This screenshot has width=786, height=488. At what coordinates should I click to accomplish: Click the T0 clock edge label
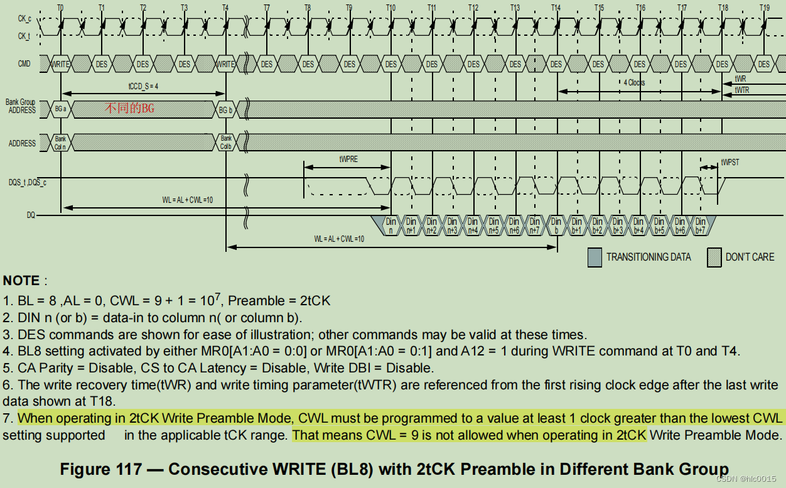pos(60,8)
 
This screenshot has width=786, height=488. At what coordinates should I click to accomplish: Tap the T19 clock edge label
pos(764,8)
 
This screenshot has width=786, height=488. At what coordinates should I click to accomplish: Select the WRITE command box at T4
pos(225,64)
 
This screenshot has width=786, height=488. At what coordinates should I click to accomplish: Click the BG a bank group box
pos(60,109)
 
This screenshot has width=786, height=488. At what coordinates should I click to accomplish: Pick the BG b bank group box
pos(225,109)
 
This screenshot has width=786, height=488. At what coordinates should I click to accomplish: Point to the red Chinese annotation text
pos(129,109)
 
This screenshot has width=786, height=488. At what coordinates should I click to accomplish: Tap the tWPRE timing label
pos(348,160)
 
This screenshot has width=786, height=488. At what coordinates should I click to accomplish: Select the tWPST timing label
pos(730,162)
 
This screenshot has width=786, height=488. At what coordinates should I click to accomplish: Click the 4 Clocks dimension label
pos(634,82)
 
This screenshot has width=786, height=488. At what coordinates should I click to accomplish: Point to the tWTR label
pos(741,90)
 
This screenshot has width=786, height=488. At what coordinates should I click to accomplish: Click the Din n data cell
pos(390,225)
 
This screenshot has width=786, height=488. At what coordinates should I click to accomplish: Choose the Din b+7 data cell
pos(700,225)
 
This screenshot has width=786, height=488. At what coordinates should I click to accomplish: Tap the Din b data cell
pos(556,225)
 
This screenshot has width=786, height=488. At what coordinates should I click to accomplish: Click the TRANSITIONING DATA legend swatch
pos(594,257)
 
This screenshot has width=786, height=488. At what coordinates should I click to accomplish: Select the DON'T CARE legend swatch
pos(714,257)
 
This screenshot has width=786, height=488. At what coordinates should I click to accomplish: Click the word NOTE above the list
pos(21,281)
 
